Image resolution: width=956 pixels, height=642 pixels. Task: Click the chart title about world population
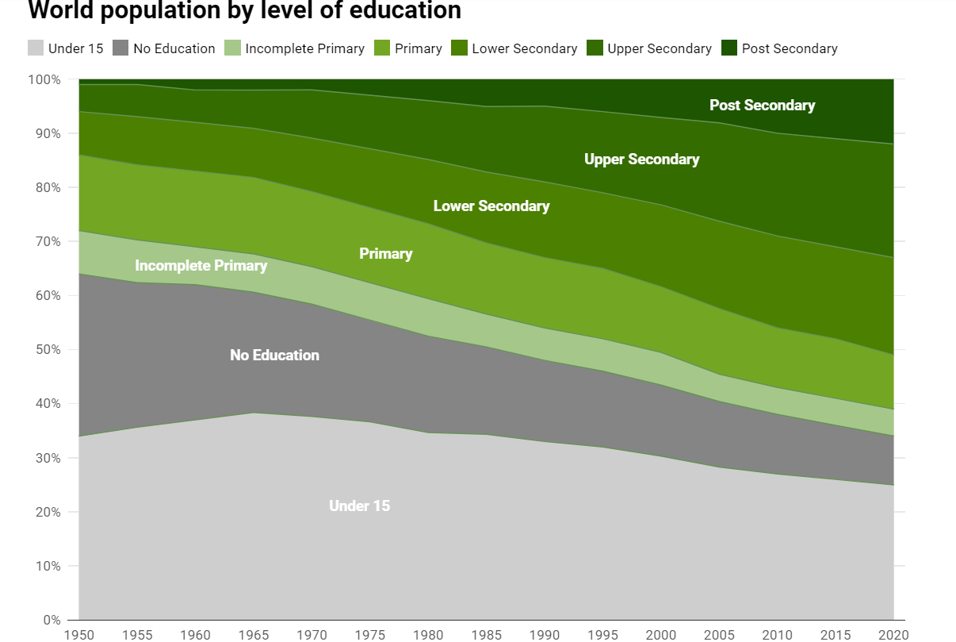click(x=244, y=11)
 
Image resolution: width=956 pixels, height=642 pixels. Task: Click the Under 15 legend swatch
click(x=36, y=48)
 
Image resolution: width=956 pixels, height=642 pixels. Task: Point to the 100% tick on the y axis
click(x=44, y=79)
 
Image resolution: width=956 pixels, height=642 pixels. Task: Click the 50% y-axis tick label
click(x=47, y=350)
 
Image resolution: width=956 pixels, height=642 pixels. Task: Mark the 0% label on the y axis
click(x=52, y=620)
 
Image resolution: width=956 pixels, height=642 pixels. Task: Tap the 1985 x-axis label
click(x=486, y=635)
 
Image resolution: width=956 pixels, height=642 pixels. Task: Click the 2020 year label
click(x=893, y=635)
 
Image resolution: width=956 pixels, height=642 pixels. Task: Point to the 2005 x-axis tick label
click(x=719, y=635)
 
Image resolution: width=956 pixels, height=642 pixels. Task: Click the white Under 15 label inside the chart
click(x=359, y=506)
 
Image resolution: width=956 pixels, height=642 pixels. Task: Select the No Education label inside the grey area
click(x=274, y=355)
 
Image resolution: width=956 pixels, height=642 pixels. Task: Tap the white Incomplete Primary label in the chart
click(x=201, y=265)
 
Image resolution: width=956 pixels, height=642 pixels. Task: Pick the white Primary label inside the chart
click(x=386, y=254)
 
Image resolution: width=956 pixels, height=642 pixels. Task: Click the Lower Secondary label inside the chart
click(x=491, y=206)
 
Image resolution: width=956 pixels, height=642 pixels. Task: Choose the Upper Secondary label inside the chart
click(x=641, y=160)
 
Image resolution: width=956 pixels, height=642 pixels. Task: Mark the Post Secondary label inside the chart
click(x=762, y=106)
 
